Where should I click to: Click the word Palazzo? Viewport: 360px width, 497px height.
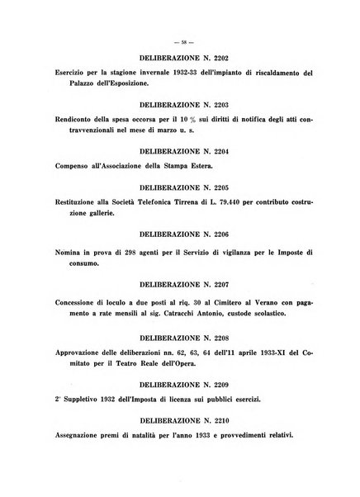(x=71, y=83)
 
